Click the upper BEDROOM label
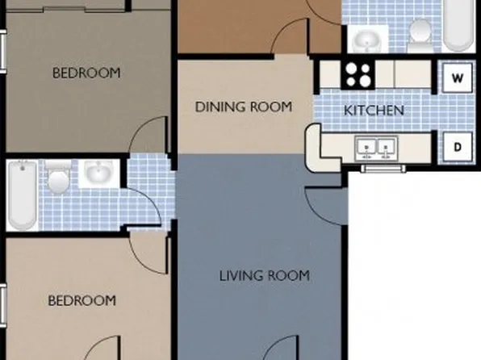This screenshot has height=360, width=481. [x=86, y=73]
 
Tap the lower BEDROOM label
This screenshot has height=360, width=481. [x=82, y=300]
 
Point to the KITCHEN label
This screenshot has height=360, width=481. [x=374, y=110]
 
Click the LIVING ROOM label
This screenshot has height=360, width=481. [x=265, y=275]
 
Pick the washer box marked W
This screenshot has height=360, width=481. [x=458, y=78]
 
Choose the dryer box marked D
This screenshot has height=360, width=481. [x=458, y=147]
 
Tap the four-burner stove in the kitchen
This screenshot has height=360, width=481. [x=358, y=74]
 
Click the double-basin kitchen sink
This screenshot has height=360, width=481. [x=377, y=148]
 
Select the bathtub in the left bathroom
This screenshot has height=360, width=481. [x=21, y=194]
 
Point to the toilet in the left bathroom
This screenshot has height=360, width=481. [x=58, y=179]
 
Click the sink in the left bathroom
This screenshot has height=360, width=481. [x=99, y=174]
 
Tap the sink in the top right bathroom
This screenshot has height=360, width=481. [x=369, y=38]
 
